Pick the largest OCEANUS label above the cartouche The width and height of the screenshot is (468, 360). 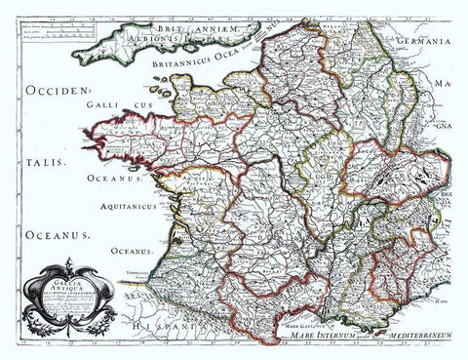[x=47, y=234]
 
